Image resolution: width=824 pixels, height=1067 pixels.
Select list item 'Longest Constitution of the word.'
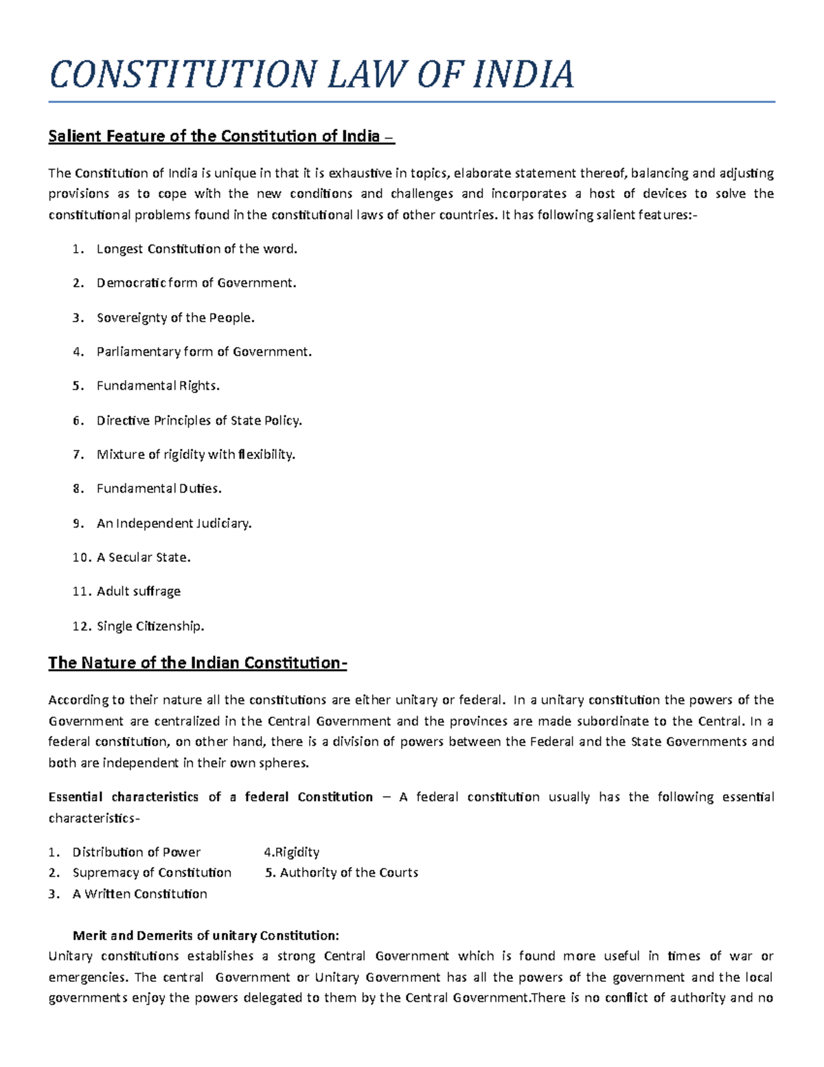point(197,249)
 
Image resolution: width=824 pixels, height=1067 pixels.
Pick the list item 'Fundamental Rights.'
point(158,385)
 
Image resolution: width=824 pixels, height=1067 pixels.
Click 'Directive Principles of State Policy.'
point(199,420)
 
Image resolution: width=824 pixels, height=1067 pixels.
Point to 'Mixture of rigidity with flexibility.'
point(196,454)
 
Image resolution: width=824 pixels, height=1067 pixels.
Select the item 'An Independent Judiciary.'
point(174,523)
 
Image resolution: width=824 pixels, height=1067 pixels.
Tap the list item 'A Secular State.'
point(144,557)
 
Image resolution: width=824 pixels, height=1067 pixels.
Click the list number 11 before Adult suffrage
point(80,592)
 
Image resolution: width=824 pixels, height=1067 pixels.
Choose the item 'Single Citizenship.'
point(150,626)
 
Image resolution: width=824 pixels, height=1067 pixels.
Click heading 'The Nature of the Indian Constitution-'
point(198,663)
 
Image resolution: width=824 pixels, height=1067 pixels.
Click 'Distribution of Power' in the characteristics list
point(137,852)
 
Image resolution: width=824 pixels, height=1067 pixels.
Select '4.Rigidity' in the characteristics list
point(292,852)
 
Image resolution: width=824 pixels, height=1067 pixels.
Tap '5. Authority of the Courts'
point(342,873)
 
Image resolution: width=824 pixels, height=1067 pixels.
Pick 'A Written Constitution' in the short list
point(139,894)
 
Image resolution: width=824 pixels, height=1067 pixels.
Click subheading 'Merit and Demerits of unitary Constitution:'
point(206,935)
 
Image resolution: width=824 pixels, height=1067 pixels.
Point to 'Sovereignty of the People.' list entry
point(176,317)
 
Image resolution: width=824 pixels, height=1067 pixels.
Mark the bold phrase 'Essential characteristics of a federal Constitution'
point(210,797)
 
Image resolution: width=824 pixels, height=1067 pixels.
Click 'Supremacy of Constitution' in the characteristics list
point(152,873)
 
